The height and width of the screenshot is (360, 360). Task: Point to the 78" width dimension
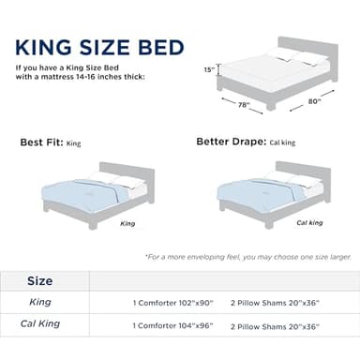coord(244,105)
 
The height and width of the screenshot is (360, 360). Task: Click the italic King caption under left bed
coord(127,224)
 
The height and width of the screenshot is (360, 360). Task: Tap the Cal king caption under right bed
coord(309,223)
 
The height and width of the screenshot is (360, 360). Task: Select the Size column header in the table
coord(39,280)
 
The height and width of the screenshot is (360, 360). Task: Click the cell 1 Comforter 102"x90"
coord(172,304)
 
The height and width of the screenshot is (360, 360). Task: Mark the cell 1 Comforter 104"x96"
coord(172,326)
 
